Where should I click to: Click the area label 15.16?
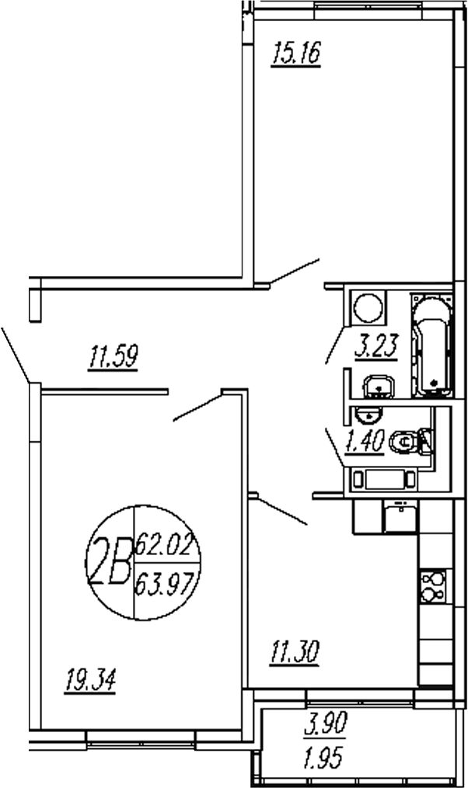coord(295,55)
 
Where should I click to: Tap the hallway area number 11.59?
coord(114,359)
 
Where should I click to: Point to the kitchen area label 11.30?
coord(296,651)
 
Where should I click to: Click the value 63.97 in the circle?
coord(165,581)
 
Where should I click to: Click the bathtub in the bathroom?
coord(431,347)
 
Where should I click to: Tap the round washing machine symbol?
coord(368,307)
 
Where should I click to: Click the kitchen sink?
coord(400,517)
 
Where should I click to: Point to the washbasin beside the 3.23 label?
coord(379,384)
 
